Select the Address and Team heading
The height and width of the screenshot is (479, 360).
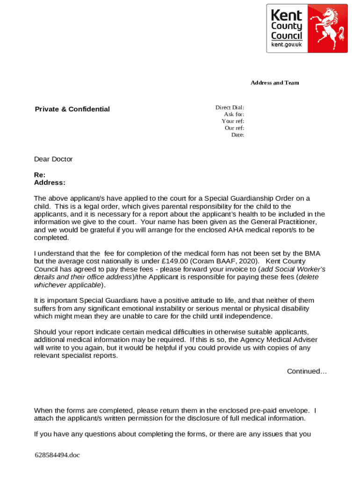click(274, 83)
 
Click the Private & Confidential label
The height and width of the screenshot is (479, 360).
click(72, 109)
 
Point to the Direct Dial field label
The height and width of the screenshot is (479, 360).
click(230, 108)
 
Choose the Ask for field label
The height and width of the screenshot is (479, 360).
click(234, 114)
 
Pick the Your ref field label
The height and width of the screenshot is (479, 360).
click(233, 121)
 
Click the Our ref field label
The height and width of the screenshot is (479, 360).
click(234, 128)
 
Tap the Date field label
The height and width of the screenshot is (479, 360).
click(238, 135)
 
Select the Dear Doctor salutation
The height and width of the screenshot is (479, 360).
click(53, 159)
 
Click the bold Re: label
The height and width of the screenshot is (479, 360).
click(40, 174)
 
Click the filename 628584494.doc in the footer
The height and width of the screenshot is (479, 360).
click(57, 454)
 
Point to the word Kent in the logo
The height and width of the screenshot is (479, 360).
click(287, 15)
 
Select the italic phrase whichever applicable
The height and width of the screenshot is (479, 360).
click(67, 285)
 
